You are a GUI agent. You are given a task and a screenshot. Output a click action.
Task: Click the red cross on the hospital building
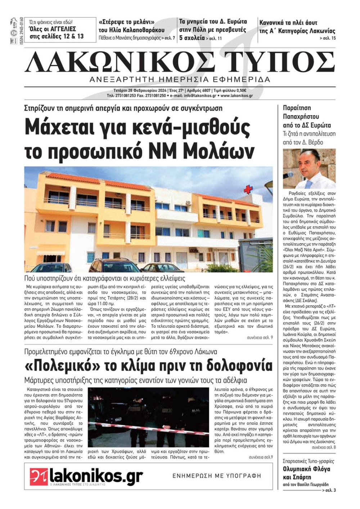click(248, 189)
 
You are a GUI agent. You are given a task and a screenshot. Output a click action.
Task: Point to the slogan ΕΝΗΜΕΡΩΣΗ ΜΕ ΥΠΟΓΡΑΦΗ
click(217, 476)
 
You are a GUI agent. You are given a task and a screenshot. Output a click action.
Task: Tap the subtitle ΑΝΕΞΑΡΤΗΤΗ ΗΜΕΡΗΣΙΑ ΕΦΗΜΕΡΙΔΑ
click(180, 79)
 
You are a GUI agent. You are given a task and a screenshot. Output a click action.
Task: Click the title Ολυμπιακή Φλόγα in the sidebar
click(306, 469)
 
